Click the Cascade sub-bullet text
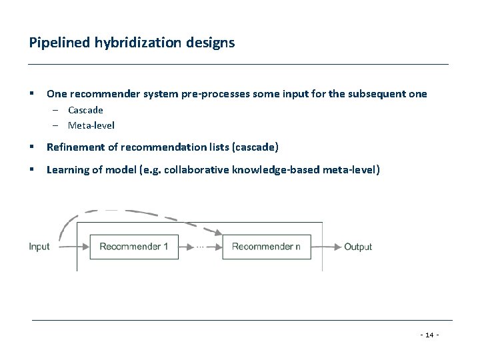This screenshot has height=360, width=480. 85,110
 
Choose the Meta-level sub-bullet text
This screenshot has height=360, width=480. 91,125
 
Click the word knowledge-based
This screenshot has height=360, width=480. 279,169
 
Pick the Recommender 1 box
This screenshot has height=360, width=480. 133,247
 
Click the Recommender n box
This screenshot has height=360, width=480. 266,247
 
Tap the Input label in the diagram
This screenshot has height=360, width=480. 39,247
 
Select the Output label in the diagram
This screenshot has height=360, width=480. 358,247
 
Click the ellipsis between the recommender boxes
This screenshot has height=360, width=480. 200,247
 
